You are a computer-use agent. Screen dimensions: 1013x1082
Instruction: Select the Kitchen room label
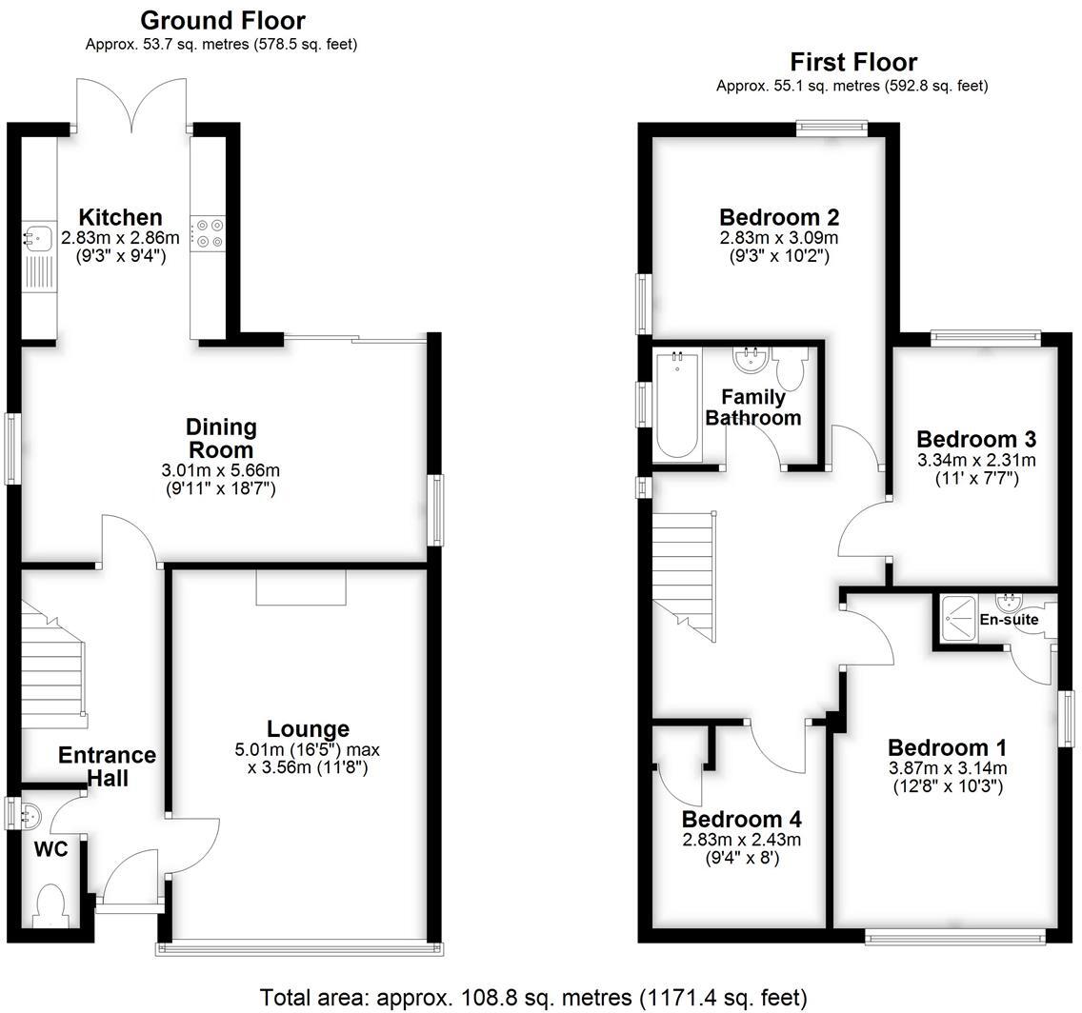coord(120,217)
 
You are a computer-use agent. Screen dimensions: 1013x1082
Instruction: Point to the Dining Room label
coord(221,438)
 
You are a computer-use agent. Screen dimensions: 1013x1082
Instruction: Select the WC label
coord(51,849)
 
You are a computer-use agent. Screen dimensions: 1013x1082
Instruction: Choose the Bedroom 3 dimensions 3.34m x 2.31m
coord(975,461)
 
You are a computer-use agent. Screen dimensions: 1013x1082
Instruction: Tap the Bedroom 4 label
coord(741,820)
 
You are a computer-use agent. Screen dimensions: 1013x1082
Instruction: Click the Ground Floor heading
coord(223,20)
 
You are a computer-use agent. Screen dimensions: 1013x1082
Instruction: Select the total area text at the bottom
coord(533,997)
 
